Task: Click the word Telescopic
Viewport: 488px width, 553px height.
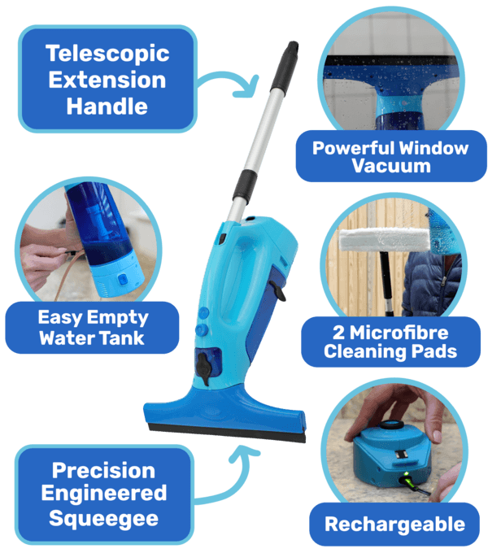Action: [x=107, y=54]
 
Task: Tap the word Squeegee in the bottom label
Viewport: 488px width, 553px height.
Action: [x=103, y=519]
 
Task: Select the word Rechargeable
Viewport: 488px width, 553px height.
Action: [x=395, y=525]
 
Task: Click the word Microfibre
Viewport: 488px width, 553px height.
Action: [x=399, y=333]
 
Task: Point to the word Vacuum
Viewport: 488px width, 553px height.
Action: [x=391, y=165]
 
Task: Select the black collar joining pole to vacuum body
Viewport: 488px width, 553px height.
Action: [x=245, y=187]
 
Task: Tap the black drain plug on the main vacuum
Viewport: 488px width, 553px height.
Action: [x=204, y=369]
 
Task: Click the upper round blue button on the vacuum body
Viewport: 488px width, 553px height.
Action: [x=203, y=313]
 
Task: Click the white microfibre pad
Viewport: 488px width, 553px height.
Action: [x=385, y=240]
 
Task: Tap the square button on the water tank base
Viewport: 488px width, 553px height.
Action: [x=122, y=280]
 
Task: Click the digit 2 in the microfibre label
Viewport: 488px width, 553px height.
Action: [x=338, y=333]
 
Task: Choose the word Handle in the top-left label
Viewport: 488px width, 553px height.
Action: [x=107, y=107]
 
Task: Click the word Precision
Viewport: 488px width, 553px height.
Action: [x=103, y=470]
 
